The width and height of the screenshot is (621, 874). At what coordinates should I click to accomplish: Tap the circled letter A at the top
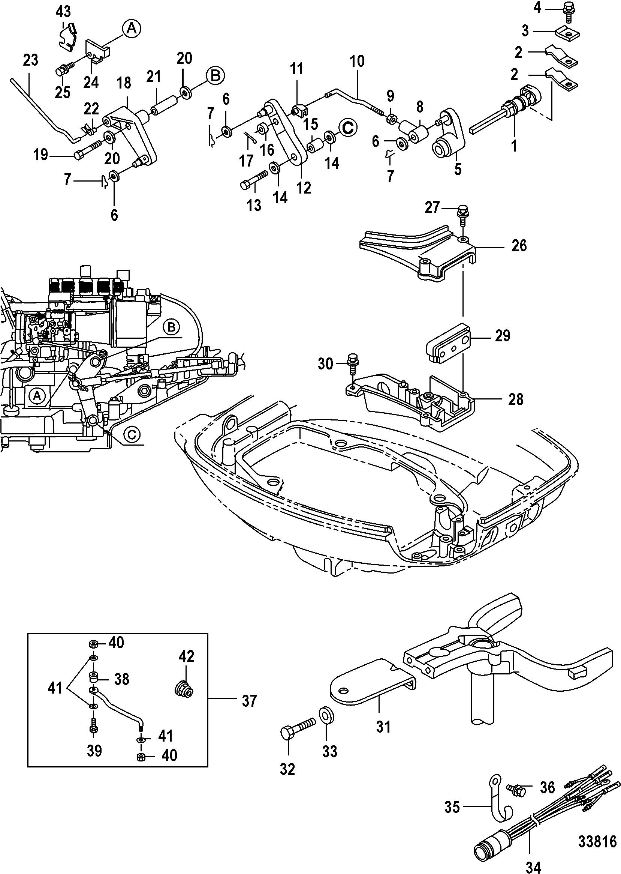pos(131,29)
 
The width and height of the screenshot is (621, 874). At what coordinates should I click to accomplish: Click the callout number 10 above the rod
pos(357,61)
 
